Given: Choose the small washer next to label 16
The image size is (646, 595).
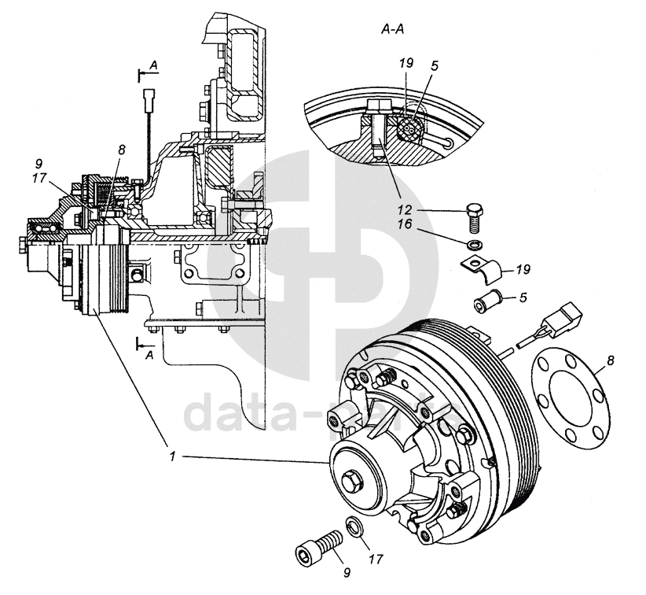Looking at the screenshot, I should click(472, 246).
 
